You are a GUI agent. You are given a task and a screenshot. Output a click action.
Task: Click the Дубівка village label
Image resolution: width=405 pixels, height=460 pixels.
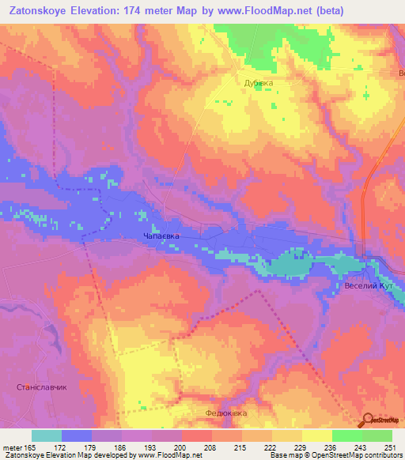tap(259, 82)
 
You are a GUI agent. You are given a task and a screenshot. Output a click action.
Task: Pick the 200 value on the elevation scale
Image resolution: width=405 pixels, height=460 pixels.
tap(181, 447)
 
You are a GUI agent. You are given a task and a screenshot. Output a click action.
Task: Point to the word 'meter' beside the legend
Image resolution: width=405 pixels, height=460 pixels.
tap(11, 447)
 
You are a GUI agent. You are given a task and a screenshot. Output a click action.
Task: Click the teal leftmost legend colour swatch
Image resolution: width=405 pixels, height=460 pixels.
tap(47, 435)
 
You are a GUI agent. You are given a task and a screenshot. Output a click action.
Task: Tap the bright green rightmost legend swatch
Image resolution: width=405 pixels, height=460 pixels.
tap(377, 435)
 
